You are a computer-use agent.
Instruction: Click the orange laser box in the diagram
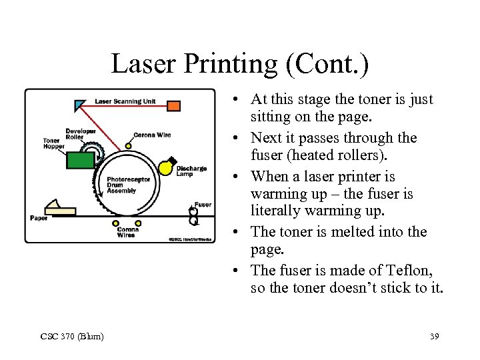pos(173,105)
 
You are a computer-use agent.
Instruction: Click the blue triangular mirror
pos(80,104)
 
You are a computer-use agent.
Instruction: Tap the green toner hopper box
pos(81,161)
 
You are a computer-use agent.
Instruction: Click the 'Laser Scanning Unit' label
pos(125,101)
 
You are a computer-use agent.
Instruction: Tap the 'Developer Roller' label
pos(80,133)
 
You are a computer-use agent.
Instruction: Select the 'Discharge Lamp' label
pos(191,171)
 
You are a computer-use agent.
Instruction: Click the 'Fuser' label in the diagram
pos(203,205)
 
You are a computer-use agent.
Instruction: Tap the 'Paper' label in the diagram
pos(39,218)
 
